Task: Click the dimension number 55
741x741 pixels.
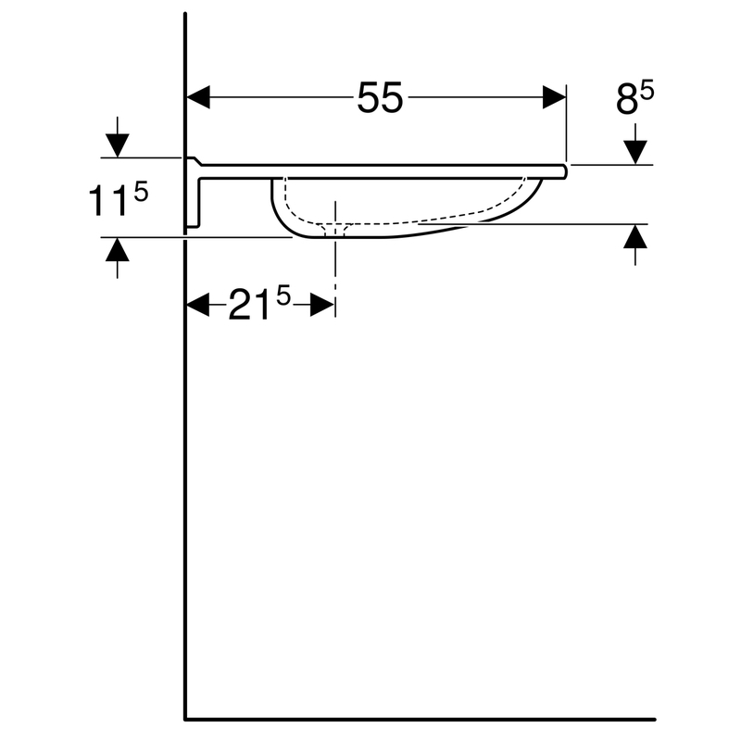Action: coord(380,98)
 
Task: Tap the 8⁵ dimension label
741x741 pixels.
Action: coord(634,98)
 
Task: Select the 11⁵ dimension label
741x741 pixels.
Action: coord(119,199)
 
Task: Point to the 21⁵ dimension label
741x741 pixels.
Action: coord(259,304)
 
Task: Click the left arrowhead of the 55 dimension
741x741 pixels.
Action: coord(198,97)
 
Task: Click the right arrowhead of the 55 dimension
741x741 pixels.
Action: coord(554,97)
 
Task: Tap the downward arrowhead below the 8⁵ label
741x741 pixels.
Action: coord(634,152)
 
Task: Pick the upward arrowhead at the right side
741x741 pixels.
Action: coord(634,236)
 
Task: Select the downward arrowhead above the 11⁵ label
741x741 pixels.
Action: coord(118,145)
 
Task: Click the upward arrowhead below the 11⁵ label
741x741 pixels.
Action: coord(118,249)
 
